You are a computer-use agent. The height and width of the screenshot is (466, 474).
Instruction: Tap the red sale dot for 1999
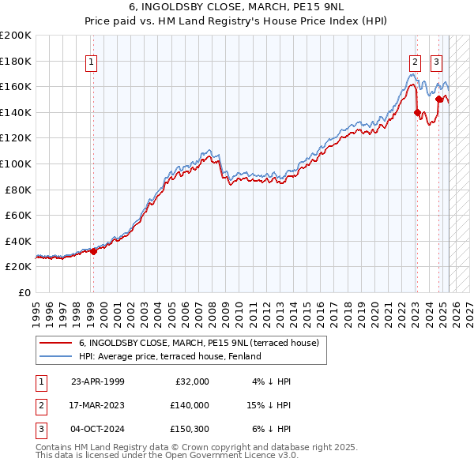(93, 251)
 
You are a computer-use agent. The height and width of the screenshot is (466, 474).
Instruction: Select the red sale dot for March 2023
(417, 112)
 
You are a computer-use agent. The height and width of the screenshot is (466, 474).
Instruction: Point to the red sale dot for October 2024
(438, 99)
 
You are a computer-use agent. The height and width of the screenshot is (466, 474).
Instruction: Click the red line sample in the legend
(56, 343)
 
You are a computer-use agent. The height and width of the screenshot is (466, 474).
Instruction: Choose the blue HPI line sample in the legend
(56, 356)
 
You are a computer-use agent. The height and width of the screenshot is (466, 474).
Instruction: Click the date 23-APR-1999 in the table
(97, 381)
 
